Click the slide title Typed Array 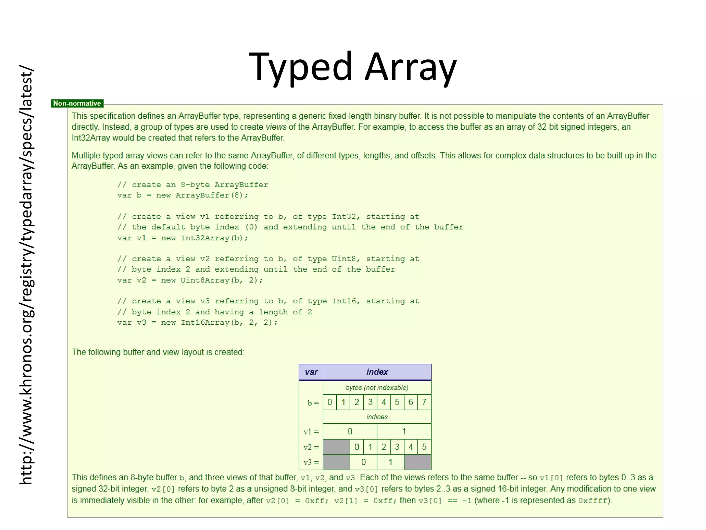tap(352, 67)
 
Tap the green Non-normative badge tap(77, 103)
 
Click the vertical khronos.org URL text tap(26, 274)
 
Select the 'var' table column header tap(311, 372)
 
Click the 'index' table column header tap(377, 372)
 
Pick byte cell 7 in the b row tap(424, 402)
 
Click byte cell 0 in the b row tap(330, 402)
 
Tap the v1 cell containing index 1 tap(404, 431)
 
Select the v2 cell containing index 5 tap(424, 447)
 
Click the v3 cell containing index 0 tap(363, 462)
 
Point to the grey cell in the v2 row tap(336, 447)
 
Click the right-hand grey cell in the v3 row tap(417, 462)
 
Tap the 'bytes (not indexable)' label tap(377, 387)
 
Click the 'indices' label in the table tap(377, 417)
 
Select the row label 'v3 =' tap(311, 462)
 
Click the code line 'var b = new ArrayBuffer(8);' tap(182, 195)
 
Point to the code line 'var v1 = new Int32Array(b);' tap(182, 238)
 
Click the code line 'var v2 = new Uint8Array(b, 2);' tap(190, 280)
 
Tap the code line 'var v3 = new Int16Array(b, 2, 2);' tap(197, 322)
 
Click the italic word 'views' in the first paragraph tap(276, 127)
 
